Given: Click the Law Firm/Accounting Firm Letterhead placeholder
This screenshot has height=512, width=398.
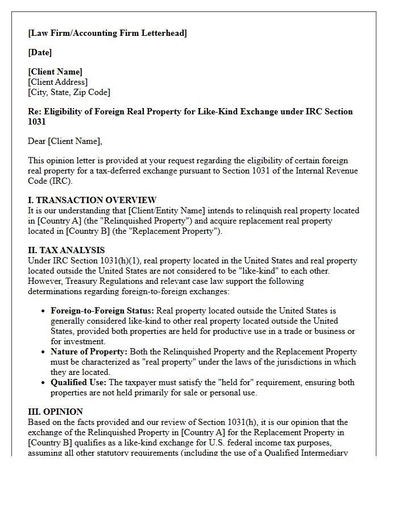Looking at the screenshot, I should click(x=107, y=33).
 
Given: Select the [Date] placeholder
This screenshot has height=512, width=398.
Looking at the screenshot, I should click(x=40, y=52).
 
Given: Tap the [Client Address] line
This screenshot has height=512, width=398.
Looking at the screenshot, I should click(x=58, y=82).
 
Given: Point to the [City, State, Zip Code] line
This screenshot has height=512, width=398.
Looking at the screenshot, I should click(x=69, y=92).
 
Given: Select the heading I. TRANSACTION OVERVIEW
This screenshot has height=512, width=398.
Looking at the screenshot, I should click(x=92, y=200).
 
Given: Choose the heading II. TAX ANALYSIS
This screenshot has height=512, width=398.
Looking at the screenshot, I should click(x=66, y=250).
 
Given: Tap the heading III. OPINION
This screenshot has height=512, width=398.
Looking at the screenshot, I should click(x=55, y=412).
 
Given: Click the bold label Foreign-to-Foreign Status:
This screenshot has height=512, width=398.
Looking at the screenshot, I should click(x=102, y=311).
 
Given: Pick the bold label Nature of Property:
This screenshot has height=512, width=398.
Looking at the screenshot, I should click(x=89, y=352).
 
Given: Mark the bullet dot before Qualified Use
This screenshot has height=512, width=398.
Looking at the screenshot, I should click(x=44, y=383).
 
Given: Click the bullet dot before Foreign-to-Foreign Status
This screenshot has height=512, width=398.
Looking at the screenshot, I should click(x=44, y=311).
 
